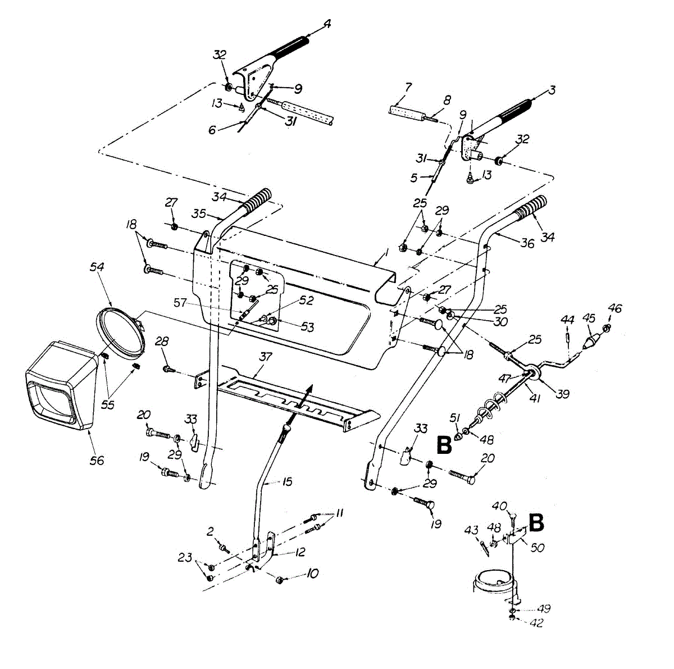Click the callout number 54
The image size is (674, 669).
click(97, 267)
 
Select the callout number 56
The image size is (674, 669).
click(97, 460)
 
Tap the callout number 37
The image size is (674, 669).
click(266, 357)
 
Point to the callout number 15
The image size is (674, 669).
click(287, 482)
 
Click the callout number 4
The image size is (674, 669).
click(327, 24)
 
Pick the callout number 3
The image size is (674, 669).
click(552, 90)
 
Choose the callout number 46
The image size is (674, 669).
click(615, 308)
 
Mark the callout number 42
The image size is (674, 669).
click(537, 623)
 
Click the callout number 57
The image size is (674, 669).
click(180, 302)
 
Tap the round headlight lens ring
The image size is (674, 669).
click(120, 331)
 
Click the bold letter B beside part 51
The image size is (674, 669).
click(444, 445)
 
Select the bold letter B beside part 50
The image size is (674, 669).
click(536, 523)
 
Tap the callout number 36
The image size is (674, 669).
click(527, 243)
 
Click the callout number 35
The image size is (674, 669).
click(199, 213)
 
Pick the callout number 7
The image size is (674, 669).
click(408, 87)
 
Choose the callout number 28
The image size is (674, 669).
click(162, 341)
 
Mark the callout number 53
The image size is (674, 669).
click(307, 327)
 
